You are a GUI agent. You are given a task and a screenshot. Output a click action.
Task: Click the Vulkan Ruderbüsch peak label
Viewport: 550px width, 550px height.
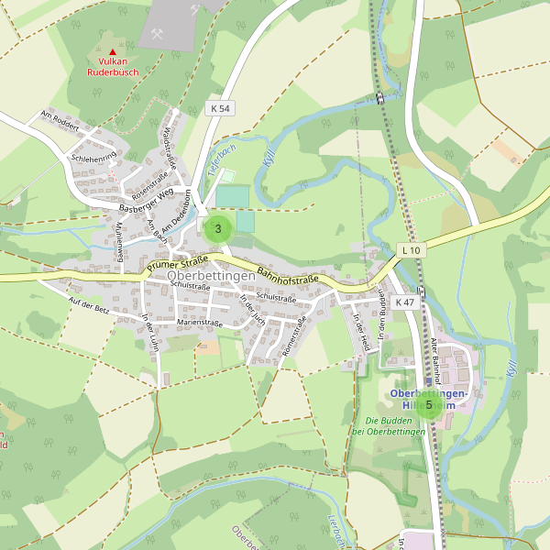(x=113, y=66)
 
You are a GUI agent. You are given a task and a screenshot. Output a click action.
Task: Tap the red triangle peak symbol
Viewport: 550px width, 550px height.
(x=113, y=51)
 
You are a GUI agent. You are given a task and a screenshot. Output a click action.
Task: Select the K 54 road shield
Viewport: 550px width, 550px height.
(x=220, y=108)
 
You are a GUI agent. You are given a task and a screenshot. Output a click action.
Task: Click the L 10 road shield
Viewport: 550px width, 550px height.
(x=411, y=249)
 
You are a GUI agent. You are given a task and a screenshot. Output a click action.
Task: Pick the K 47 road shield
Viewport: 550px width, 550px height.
(x=404, y=302)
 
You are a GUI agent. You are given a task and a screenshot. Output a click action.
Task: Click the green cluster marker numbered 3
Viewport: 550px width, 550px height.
(x=217, y=229)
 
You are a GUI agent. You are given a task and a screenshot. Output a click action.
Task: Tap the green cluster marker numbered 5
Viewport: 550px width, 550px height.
(x=428, y=404)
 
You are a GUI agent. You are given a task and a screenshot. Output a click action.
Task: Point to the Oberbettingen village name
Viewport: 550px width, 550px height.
(x=212, y=276)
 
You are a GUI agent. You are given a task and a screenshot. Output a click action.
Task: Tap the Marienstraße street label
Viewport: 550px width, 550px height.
(x=200, y=323)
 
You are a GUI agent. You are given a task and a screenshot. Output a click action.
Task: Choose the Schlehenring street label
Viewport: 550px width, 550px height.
(x=93, y=158)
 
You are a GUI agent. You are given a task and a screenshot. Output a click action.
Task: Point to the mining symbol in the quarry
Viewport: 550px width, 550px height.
(x=159, y=35)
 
